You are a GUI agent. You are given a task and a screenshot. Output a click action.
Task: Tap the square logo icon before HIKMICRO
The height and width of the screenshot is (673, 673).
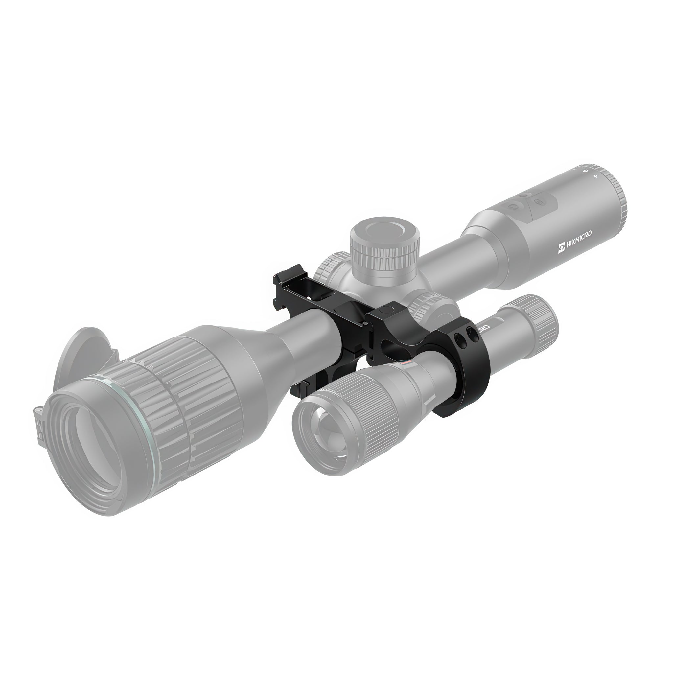[x=562, y=248]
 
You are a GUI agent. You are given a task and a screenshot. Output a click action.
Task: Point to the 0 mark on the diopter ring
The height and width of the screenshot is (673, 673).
[x=586, y=171]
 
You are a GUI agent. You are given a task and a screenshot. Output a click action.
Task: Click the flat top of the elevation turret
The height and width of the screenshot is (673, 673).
[x=385, y=230]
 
